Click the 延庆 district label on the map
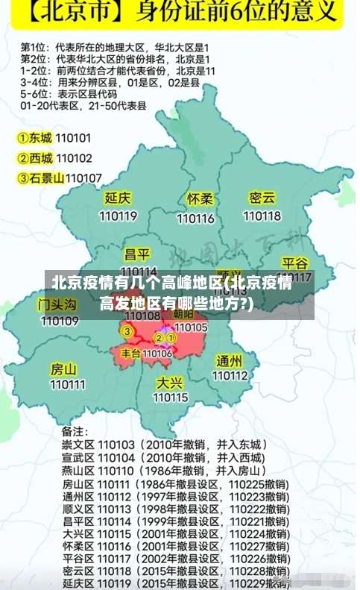118,198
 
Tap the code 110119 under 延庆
118,216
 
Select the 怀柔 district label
200,199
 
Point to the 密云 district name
262,198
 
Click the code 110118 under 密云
262,216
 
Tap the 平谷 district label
294,263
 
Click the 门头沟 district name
57,304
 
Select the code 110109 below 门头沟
60,321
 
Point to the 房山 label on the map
63,368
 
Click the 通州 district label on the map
230,361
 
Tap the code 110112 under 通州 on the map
230,377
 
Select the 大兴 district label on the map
170,382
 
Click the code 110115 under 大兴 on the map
171,398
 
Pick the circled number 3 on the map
127,331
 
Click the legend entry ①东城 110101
54,138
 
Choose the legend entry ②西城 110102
54,158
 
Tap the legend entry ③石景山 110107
60,178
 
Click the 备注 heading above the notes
74,431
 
